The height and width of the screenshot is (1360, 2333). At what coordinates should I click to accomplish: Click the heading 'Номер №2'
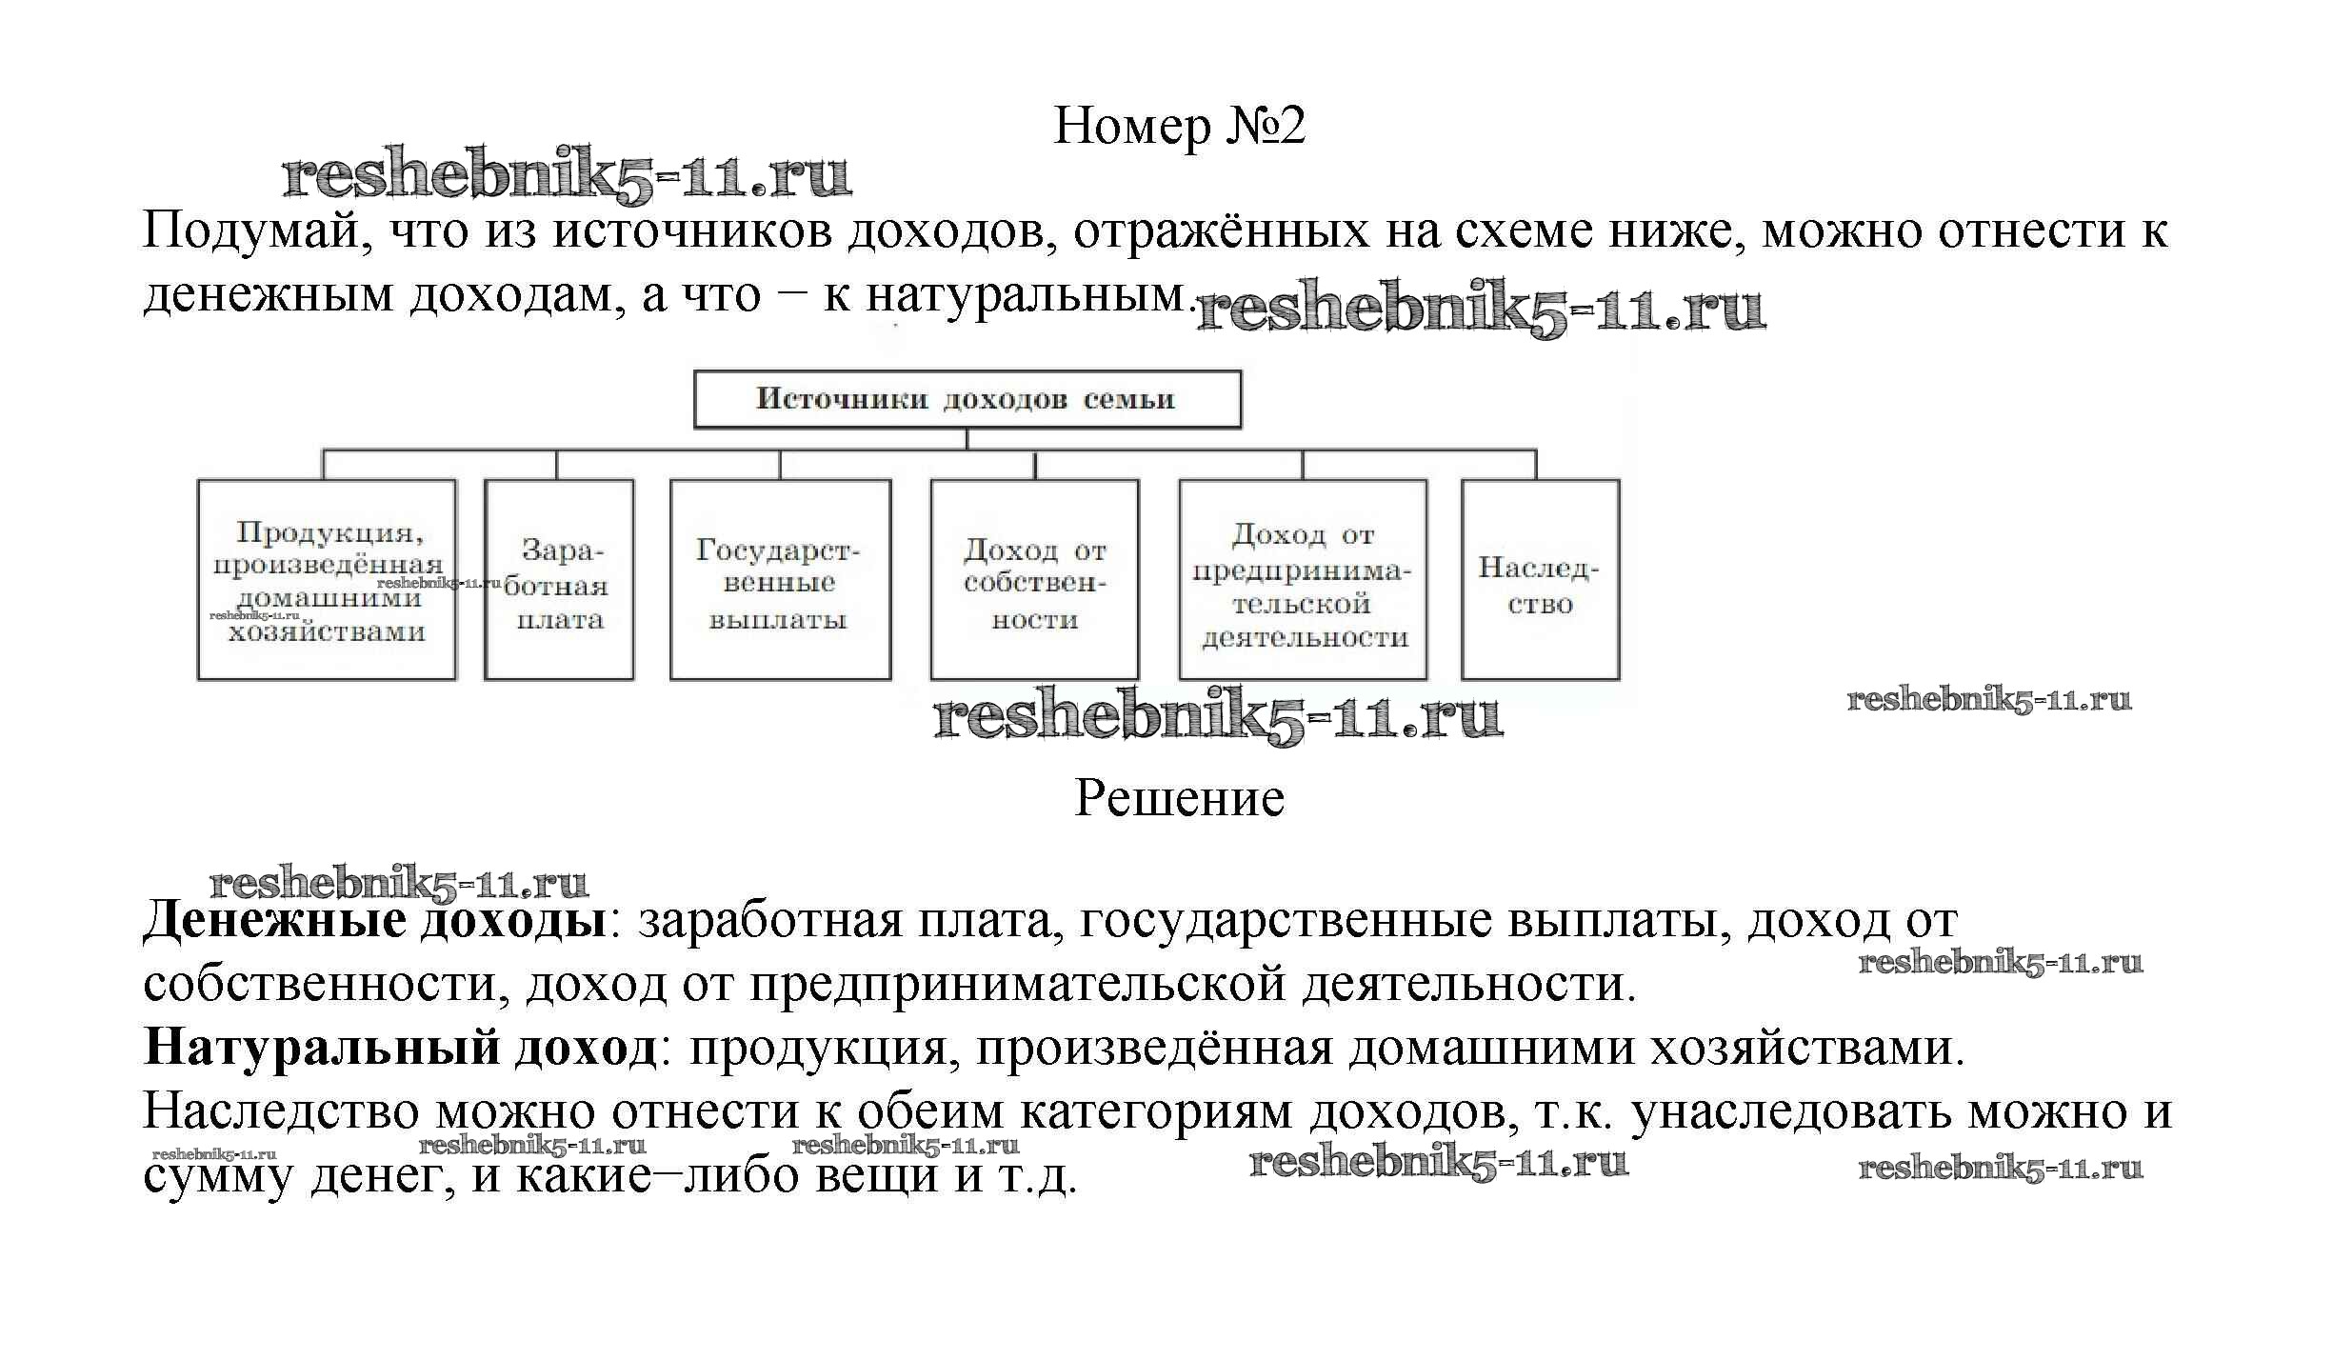coord(1179,127)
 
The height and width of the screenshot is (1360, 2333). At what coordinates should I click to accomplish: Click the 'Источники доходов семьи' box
coord(967,399)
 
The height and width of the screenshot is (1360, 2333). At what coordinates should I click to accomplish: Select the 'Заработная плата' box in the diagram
coord(559,580)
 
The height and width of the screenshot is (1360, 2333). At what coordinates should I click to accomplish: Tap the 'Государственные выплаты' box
coord(780,580)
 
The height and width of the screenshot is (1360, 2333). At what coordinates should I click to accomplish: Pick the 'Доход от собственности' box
coord(1034,580)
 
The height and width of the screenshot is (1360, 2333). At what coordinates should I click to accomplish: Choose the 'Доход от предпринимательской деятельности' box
coord(1303,580)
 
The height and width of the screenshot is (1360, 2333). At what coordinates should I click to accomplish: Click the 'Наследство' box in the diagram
coord(1540,580)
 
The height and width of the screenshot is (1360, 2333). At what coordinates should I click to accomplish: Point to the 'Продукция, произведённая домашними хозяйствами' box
coord(327,580)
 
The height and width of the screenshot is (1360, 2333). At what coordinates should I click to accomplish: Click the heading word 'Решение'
coord(1179,798)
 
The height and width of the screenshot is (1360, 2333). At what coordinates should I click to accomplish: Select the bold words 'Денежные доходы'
coord(374,921)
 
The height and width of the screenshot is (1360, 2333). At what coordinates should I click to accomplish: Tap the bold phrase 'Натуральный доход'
coord(400,1048)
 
